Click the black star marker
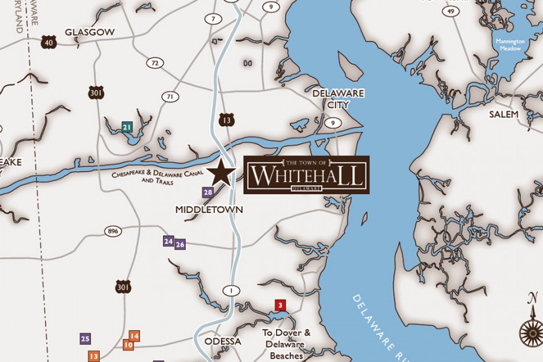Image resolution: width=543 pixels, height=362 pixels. tap(221, 172)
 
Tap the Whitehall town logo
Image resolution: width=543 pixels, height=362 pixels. tap(306, 175)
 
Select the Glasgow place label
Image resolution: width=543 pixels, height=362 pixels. tap(90, 32)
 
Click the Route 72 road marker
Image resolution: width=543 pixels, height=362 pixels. tap(153, 63)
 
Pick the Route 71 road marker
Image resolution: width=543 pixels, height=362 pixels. tap(170, 97)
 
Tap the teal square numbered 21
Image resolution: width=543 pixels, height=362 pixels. tap(127, 127)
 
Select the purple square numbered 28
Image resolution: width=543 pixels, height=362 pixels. tap(208, 192)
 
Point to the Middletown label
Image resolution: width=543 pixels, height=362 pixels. tap(209, 209)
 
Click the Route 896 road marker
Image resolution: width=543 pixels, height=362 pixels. tap(114, 231)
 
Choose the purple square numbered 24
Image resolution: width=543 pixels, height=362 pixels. tap(168, 241)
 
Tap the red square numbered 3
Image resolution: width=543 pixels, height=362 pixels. tap(280, 305)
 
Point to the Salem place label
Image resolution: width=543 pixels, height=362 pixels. tap(504, 114)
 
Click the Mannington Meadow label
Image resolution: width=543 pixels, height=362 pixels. tap(510, 45)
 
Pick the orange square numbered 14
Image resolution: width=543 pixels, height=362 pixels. tap(134, 336)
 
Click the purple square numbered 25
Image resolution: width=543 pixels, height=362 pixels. tap(85, 339)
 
